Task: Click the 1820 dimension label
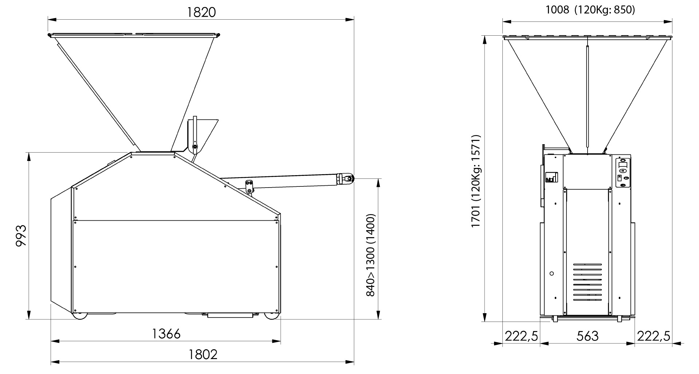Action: pos(201,12)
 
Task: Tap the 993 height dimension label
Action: pos(21,236)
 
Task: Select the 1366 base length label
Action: pos(166,334)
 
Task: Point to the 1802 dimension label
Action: pos(203,354)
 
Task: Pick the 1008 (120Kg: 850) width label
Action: pos(590,10)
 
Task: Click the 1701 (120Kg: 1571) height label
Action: pos(476,181)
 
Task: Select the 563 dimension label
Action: pos(587,336)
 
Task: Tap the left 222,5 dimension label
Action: pos(521,336)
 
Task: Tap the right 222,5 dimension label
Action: pos(653,336)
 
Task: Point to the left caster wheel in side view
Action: pos(80,316)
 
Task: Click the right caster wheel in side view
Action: pos(270,316)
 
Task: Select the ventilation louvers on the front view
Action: pos(587,282)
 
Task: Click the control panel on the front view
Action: pos(623,173)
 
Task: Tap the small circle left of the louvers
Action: pos(552,273)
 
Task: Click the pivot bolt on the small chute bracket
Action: pos(195,147)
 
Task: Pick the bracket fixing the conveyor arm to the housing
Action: pos(249,186)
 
